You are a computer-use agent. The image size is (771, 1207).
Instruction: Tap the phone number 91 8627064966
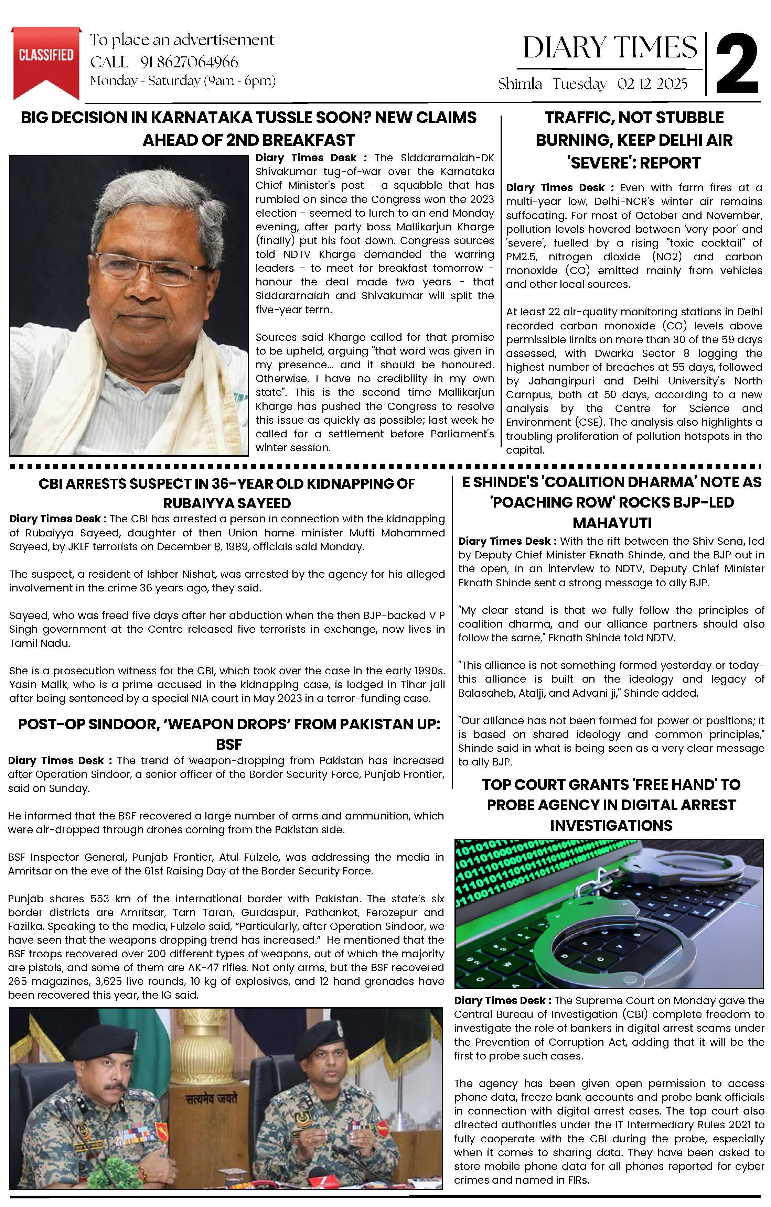(x=189, y=62)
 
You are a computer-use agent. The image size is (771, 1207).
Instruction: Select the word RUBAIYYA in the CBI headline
(x=193, y=503)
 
